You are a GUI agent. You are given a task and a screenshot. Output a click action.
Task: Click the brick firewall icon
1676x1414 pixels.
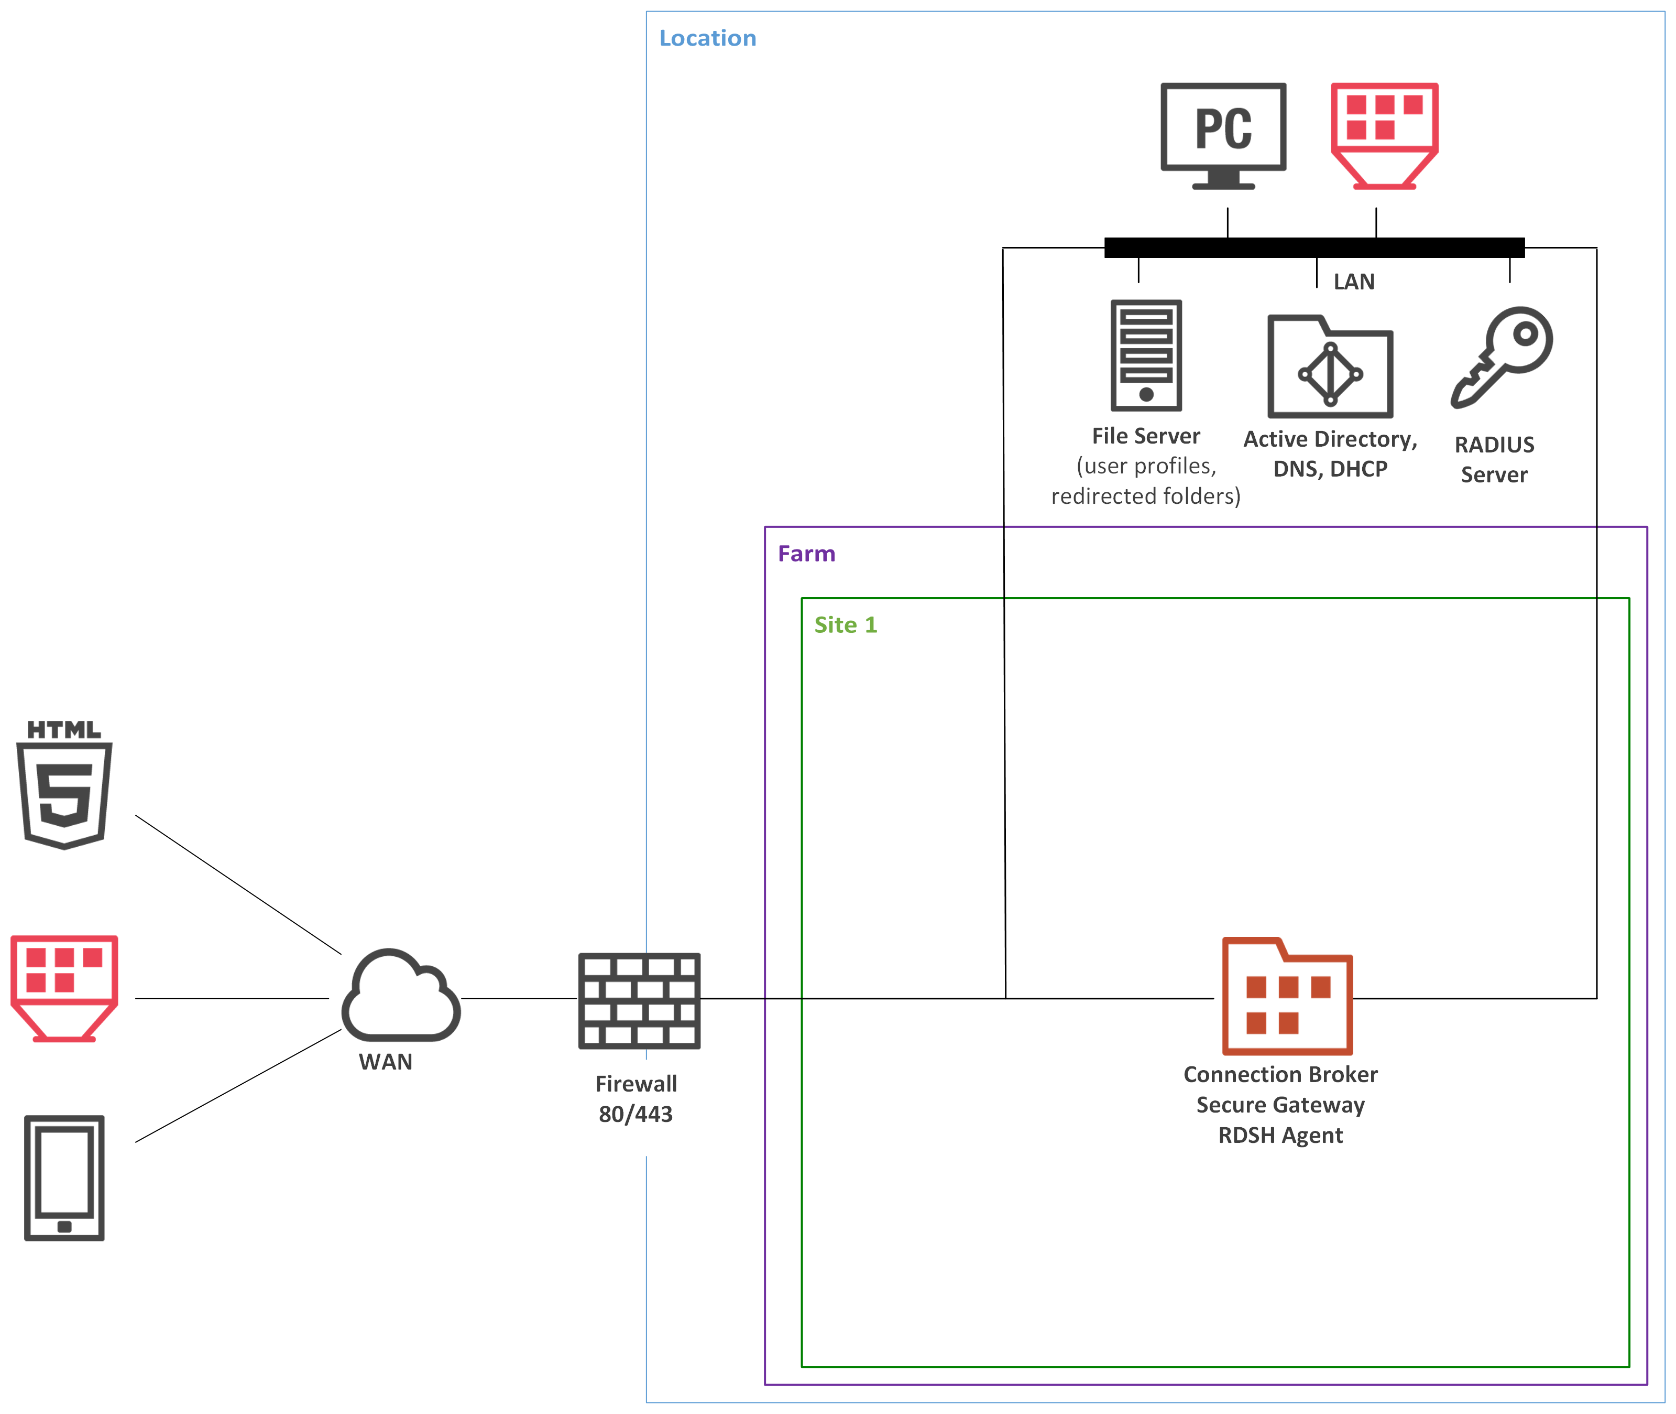click(639, 1000)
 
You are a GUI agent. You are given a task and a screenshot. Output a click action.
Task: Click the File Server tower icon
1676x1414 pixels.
click(1146, 354)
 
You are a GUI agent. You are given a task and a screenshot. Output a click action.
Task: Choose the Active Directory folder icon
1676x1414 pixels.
click(1330, 367)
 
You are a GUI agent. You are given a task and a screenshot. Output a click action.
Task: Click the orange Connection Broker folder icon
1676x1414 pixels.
click(1287, 996)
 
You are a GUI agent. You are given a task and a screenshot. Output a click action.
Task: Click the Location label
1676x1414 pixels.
click(707, 38)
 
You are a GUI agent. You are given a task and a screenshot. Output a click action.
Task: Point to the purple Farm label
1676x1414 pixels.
click(806, 554)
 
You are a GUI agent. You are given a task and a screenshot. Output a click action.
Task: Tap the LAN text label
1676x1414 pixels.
click(1353, 282)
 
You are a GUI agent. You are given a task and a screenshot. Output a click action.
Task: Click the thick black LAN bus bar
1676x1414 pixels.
click(1314, 247)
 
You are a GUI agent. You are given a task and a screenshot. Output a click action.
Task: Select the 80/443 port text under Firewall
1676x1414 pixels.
click(636, 1114)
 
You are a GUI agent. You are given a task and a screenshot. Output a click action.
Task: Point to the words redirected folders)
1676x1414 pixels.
click(1146, 496)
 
